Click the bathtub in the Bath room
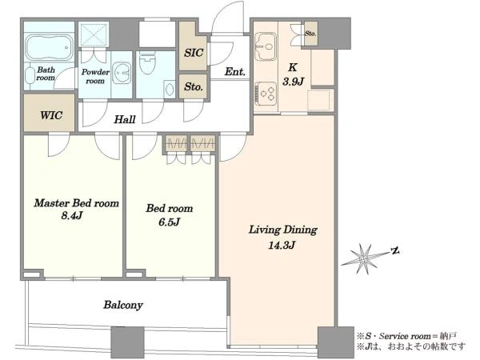[49, 47]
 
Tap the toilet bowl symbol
[147, 62]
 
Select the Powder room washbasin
[122, 74]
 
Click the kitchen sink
[266, 46]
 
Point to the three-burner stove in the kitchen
[266, 94]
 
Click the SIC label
[194, 53]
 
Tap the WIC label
[51, 115]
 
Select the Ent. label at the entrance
[234, 72]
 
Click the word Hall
[125, 119]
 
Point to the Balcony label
[123, 305]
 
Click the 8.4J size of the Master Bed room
[72, 216]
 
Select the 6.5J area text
[169, 222]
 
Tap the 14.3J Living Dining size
[282, 245]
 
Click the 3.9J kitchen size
[293, 82]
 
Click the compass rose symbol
[363, 259]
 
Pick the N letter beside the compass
[395, 251]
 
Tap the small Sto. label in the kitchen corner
[310, 34]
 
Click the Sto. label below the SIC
[194, 86]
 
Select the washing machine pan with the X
[93, 34]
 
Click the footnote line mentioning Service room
[406, 336]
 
